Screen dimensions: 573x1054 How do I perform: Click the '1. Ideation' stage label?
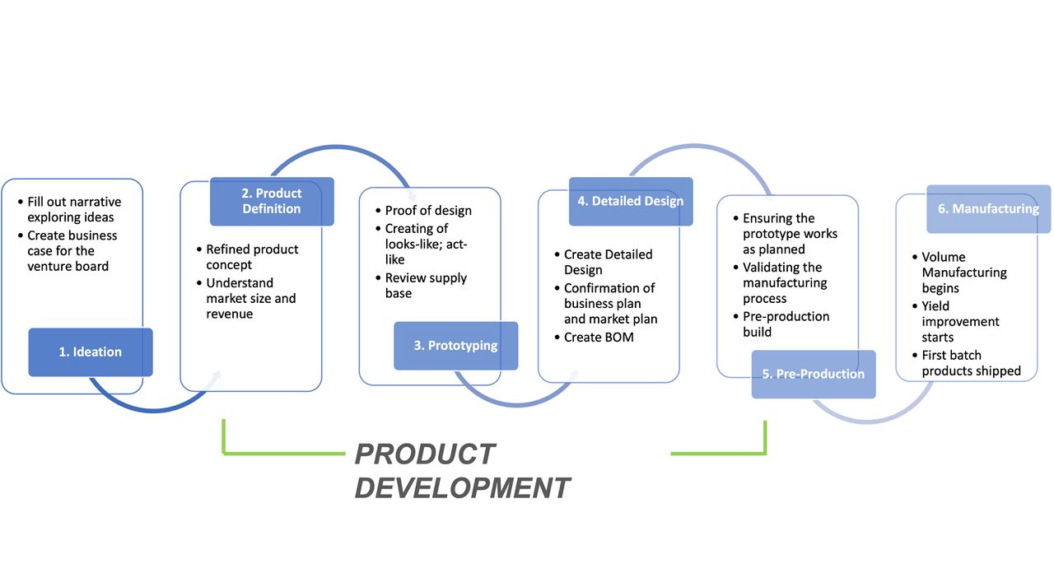click(91, 352)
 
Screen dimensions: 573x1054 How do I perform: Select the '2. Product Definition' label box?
click(272, 201)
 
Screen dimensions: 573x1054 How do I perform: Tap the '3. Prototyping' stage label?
click(455, 345)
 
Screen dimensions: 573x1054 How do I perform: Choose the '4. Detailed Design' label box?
click(631, 201)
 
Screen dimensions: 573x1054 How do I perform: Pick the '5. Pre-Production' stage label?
click(813, 374)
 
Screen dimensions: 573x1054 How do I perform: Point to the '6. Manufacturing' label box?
click(988, 208)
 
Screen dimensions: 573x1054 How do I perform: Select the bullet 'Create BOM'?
click(599, 337)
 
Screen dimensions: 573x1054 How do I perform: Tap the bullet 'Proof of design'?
click(428, 211)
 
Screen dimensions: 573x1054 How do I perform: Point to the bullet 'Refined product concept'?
click(252, 257)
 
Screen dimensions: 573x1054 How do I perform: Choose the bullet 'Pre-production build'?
click(786, 324)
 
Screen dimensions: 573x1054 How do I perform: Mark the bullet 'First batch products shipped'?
click(971, 363)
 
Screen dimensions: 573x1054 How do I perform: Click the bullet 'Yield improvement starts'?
click(960, 321)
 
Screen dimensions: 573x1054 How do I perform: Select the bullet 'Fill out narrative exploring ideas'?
click(73, 209)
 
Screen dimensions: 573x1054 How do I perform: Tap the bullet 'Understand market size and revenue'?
click(250, 298)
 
